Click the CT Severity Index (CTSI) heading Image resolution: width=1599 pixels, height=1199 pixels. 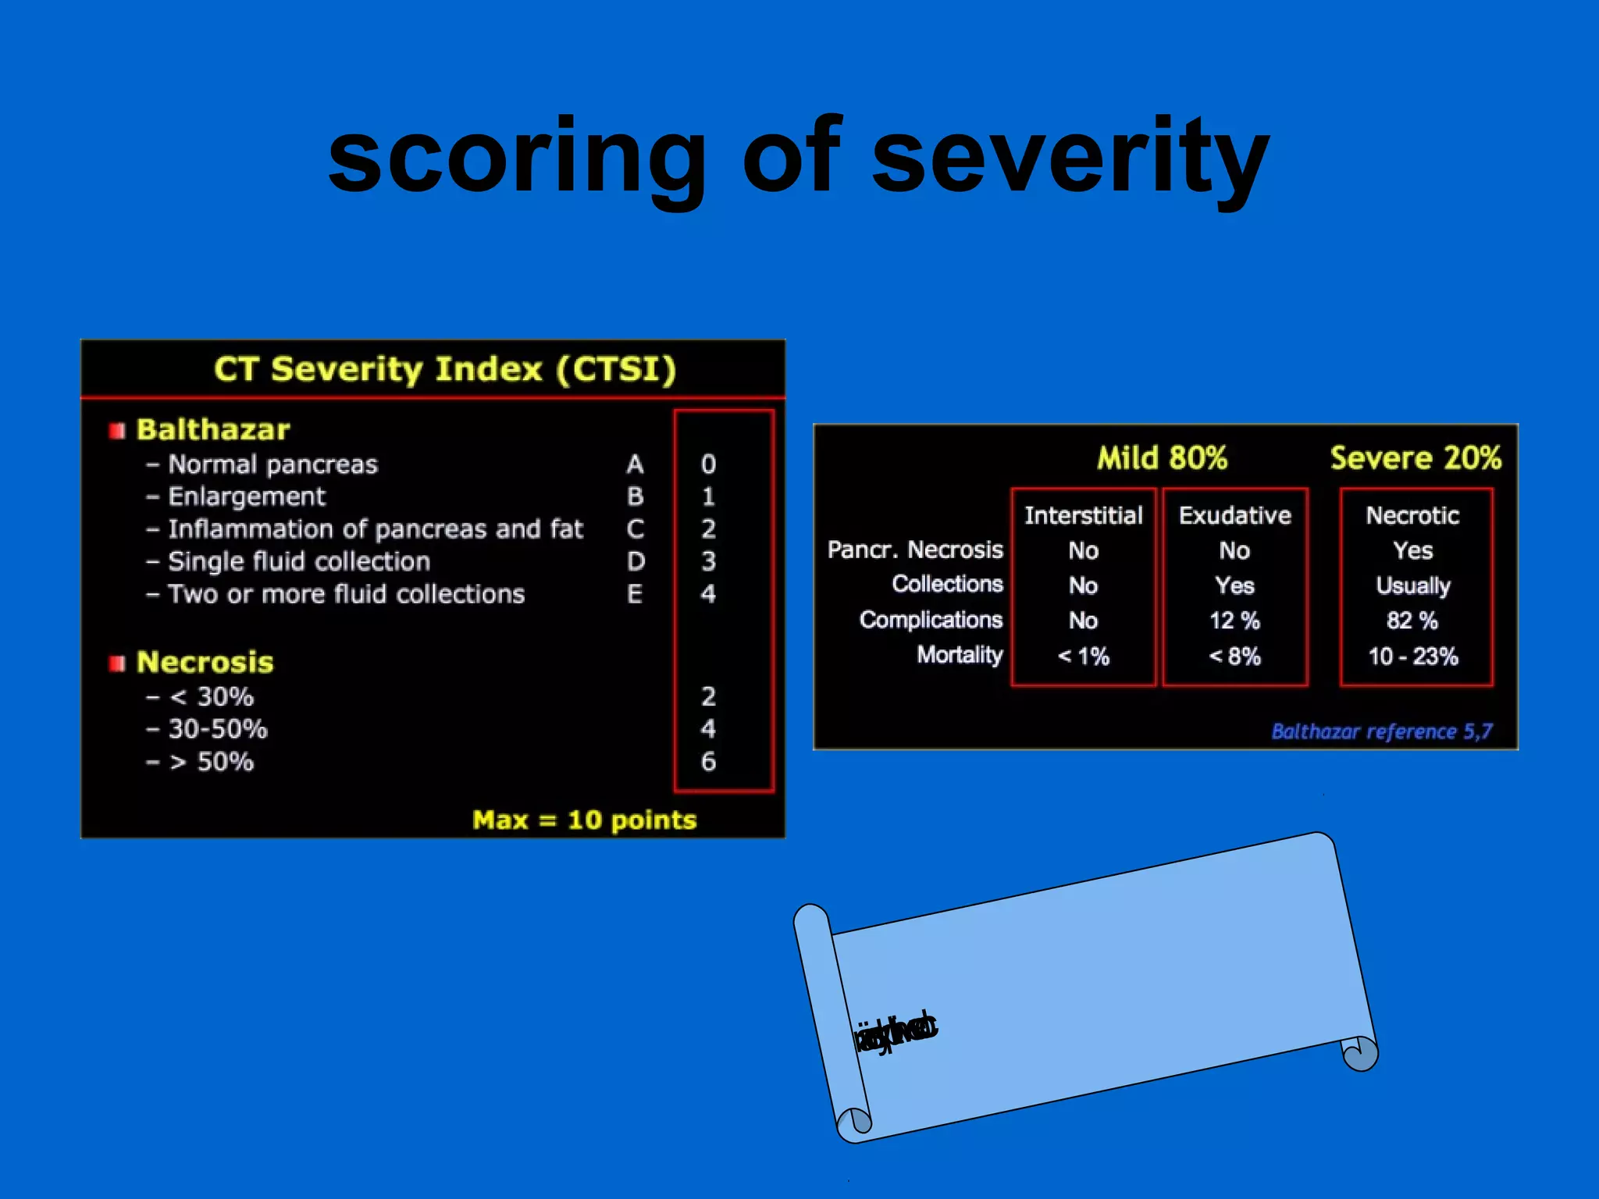[x=445, y=369]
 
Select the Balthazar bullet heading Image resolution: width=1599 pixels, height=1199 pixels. [x=212, y=429]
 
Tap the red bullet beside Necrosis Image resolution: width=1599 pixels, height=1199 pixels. [x=117, y=664]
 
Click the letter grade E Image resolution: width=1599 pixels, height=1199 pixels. [x=635, y=594]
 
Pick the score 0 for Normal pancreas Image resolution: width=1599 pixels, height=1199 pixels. [x=708, y=464]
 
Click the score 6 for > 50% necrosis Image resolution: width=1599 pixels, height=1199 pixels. [x=708, y=761]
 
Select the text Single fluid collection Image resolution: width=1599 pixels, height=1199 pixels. [x=299, y=561]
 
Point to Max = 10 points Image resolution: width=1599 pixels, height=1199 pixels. [x=584, y=820]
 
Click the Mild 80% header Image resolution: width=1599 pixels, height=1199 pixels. [x=1162, y=458]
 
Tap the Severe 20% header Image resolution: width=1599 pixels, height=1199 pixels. [x=1415, y=458]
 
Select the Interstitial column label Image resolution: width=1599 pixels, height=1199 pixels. [x=1083, y=515]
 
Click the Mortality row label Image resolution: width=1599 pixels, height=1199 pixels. [x=959, y=655]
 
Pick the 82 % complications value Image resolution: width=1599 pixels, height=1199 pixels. [x=1412, y=621]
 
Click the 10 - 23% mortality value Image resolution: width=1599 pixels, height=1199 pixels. [x=1412, y=656]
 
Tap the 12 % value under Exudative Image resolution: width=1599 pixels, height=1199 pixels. [x=1234, y=621]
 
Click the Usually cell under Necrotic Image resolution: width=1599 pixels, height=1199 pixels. [x=1412, y=585]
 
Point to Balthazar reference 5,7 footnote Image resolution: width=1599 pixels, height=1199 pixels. [x=1381, y=731]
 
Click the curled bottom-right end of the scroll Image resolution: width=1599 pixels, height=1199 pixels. [x=1360, y=1054]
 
